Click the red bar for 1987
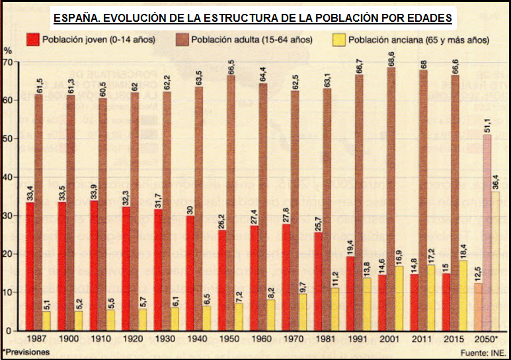pyautogui.click(x=30, y=266)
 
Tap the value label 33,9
pyautogui.click(x=94, y=190)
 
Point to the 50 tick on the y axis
pyautogui.click(x=8, y=139)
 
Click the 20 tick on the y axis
pyautogui.click(x=8, y=254)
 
